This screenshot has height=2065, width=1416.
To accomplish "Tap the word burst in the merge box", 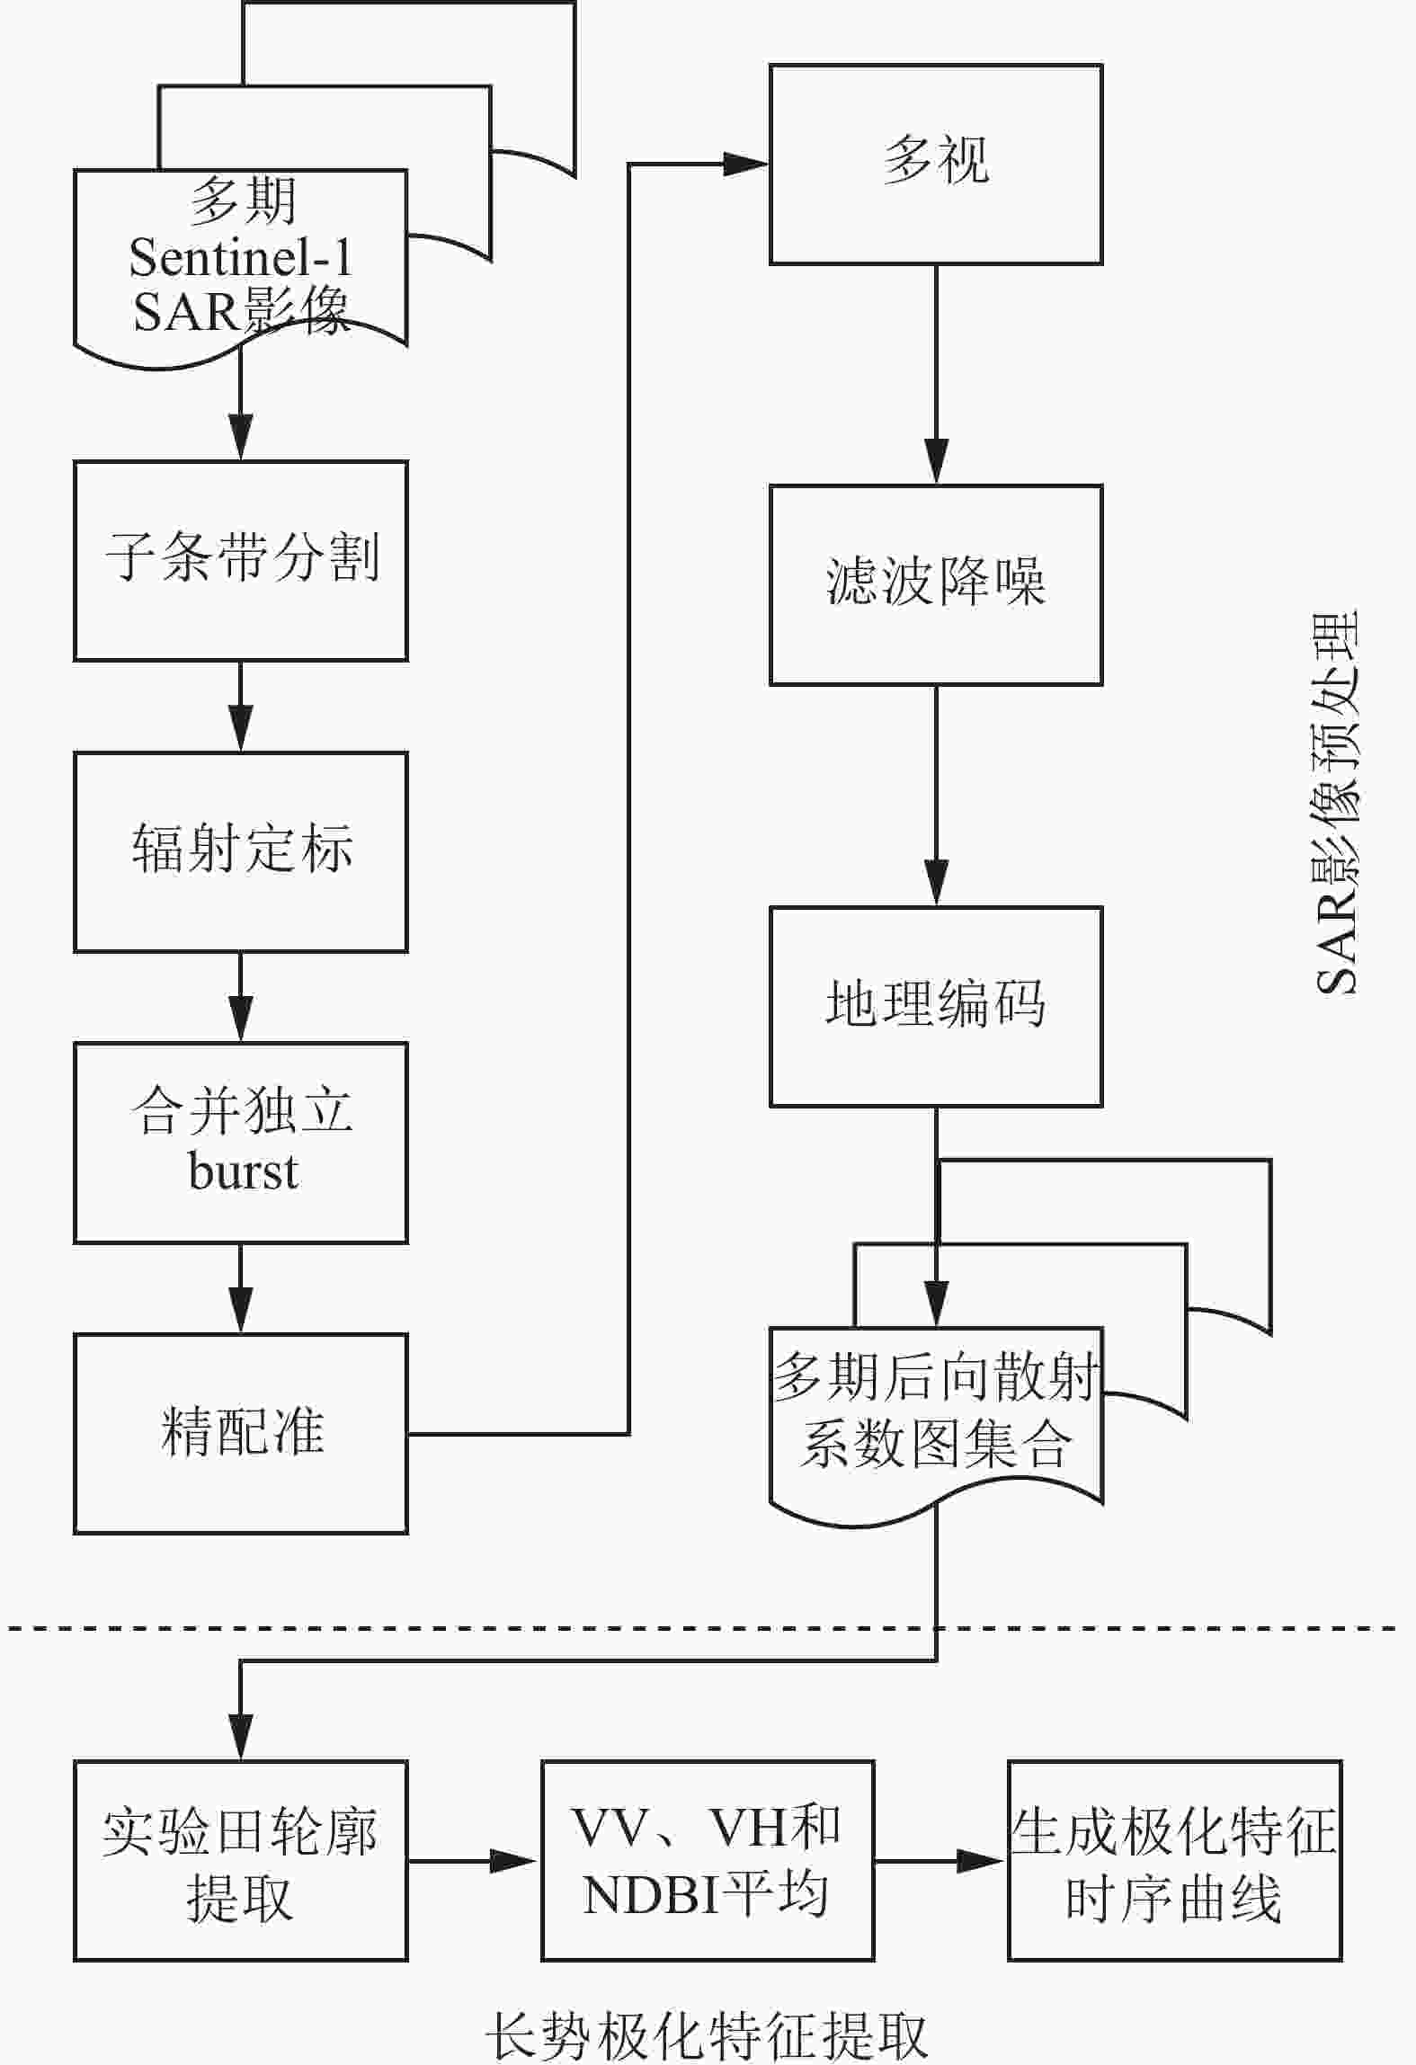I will point(243,1171).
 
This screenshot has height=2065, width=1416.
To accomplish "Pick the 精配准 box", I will point(241,1433).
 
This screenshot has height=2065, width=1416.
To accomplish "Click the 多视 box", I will point(936,164).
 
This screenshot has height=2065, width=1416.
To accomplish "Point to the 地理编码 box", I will point(936,1006).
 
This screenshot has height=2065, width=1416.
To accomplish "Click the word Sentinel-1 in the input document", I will point(241,258).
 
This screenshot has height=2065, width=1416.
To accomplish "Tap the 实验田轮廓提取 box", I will point(241,1860).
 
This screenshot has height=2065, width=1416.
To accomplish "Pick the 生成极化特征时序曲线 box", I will point(1174,1860).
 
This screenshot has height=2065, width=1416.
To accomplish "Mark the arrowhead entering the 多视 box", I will point(746,165).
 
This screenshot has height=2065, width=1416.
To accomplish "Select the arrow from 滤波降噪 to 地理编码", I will point(936,795).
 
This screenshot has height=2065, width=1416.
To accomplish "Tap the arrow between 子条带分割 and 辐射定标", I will point(241,707).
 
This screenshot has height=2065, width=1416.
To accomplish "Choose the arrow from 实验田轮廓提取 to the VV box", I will point(473,1860).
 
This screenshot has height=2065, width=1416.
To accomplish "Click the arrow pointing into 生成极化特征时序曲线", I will point(940,1860).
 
